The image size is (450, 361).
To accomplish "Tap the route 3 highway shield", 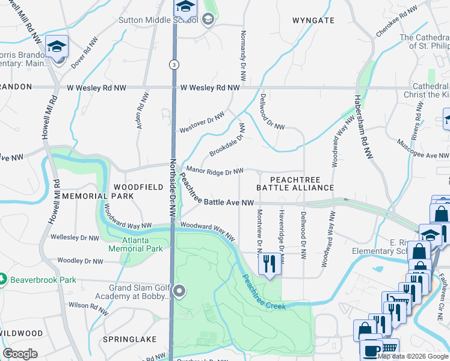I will (173, 64).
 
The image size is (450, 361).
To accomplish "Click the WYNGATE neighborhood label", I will (313, 20).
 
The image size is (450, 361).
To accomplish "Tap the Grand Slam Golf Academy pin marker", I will (179, 292).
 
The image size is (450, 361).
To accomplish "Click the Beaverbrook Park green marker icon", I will (3, 280).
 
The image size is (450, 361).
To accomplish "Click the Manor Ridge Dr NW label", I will (215, 172).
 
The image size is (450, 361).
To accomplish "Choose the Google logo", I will (20, 354).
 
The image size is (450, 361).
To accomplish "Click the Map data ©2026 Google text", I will (413, 356).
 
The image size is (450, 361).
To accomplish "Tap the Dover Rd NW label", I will (84, 52).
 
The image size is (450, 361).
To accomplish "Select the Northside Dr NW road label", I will (173, 188).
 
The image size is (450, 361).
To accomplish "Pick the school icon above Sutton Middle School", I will (185, 7).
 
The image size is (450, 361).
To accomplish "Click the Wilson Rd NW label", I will (87, 309).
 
